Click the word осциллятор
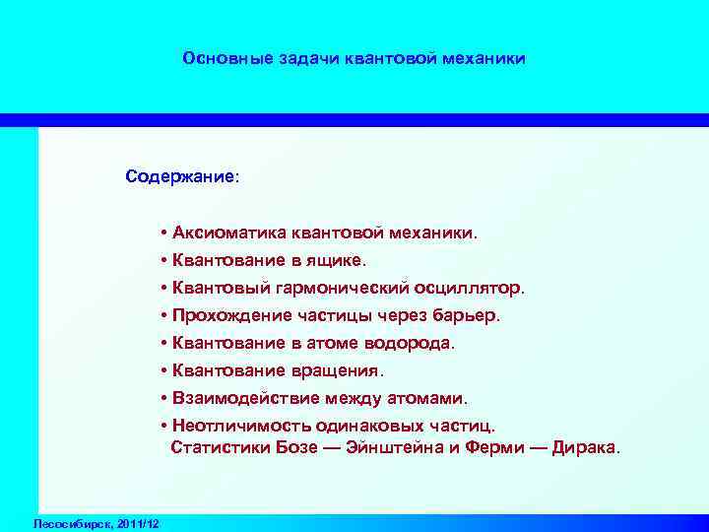pos(478,289)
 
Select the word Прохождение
pos(230,316)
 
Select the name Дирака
pos(587,447)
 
